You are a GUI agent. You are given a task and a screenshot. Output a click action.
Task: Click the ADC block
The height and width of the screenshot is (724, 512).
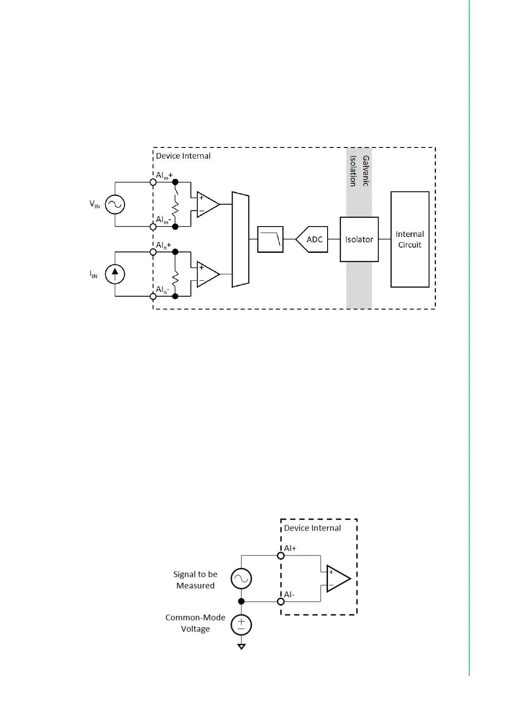pos(312,239)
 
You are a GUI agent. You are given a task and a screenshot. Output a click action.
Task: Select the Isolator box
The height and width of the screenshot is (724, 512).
pos(359,239)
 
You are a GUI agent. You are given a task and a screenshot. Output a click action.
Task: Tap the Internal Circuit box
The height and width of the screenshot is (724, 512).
pos(410,239)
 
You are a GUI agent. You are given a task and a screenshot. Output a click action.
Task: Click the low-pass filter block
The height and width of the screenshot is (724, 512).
pos(270,239)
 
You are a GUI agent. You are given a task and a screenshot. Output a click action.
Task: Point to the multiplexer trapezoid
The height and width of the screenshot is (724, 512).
pos(240,239)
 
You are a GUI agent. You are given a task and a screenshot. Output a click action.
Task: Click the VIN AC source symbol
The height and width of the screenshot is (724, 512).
pos(115,204)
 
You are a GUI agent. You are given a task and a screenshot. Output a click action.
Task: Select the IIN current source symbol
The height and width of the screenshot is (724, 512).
pos(115,274)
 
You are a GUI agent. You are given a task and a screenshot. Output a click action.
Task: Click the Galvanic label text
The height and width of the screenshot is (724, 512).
pos(365,171)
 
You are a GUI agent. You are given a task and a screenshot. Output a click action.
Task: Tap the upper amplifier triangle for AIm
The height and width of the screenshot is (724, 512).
pos(208,204)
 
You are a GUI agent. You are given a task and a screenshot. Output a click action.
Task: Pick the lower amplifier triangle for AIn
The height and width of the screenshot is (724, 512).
pos(208,274)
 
